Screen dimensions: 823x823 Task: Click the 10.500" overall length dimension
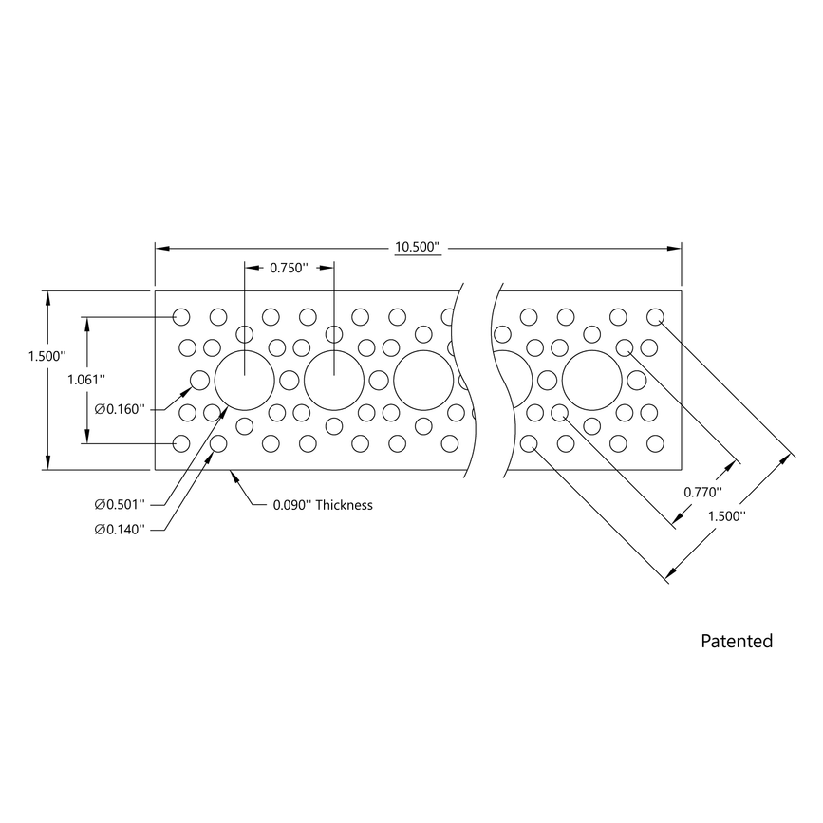coord(419,248)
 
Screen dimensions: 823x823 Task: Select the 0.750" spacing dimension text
coord(289,268)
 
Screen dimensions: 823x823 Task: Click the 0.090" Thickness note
coord(322,505)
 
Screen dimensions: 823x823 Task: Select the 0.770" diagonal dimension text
coord(703,492)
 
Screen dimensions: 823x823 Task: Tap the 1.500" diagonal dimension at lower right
coord(727,515)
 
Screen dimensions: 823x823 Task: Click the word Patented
coord(737,642)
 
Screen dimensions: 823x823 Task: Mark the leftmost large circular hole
coord(244,381)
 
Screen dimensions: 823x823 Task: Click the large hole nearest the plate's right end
coord(591,381)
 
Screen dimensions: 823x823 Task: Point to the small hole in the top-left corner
coord(181,316)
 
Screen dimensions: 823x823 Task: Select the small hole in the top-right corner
coord(655,316)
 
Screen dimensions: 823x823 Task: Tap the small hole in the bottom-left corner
coord(181,443)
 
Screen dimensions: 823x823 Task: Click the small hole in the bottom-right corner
coord(655,443)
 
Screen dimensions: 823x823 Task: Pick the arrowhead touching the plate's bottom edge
coord(233,475)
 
